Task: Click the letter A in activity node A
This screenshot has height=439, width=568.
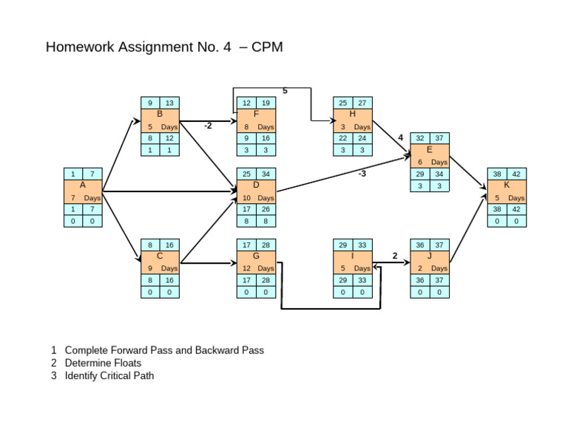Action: (x=82, y=186)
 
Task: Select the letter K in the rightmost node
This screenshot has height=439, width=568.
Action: (x=507, y=186)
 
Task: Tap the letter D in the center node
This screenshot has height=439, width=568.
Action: (x=256, y=186)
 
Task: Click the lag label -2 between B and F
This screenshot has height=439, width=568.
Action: (x=208, y=126)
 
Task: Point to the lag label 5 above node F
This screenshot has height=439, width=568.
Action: (x=285, y=91)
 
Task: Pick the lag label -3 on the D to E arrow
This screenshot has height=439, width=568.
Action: (x=362, y=174)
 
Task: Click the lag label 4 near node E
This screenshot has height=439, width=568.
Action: (x=400, y=137)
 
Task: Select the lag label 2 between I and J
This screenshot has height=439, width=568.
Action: (x=395, y=256)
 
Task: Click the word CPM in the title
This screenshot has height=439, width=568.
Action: (x=267, y=47)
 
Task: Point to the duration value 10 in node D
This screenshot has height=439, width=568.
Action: (x=246, y=198)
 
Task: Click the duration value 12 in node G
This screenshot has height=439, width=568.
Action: (x=246, y=268)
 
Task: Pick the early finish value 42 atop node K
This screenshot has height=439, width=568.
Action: (x=516, y=174)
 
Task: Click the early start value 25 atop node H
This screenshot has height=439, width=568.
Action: (x=343, y=103)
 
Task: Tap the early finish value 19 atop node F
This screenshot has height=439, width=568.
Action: (x=266, y=103)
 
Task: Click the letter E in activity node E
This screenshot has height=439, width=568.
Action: (x=430, y=149)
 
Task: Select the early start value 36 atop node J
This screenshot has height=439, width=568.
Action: (x=420, y=245)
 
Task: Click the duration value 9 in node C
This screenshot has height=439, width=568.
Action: (x=150, y=268)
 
